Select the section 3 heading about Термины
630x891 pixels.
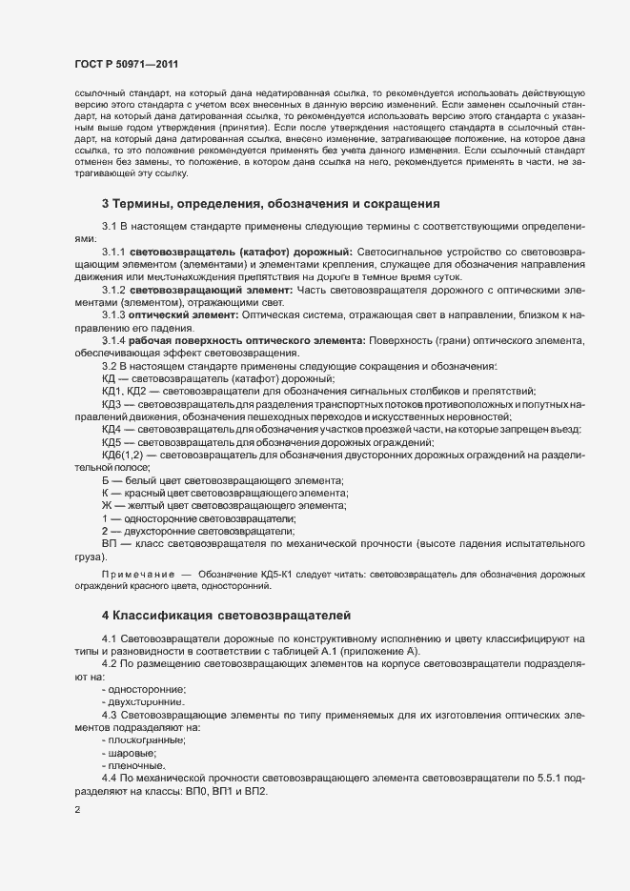(x=271, y=203)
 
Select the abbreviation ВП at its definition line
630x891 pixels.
(x=109, y=543)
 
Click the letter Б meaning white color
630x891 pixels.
(x=106, y=479)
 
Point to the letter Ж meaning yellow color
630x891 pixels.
(x=107, y=505)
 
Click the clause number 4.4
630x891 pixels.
(x=109, y=779)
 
